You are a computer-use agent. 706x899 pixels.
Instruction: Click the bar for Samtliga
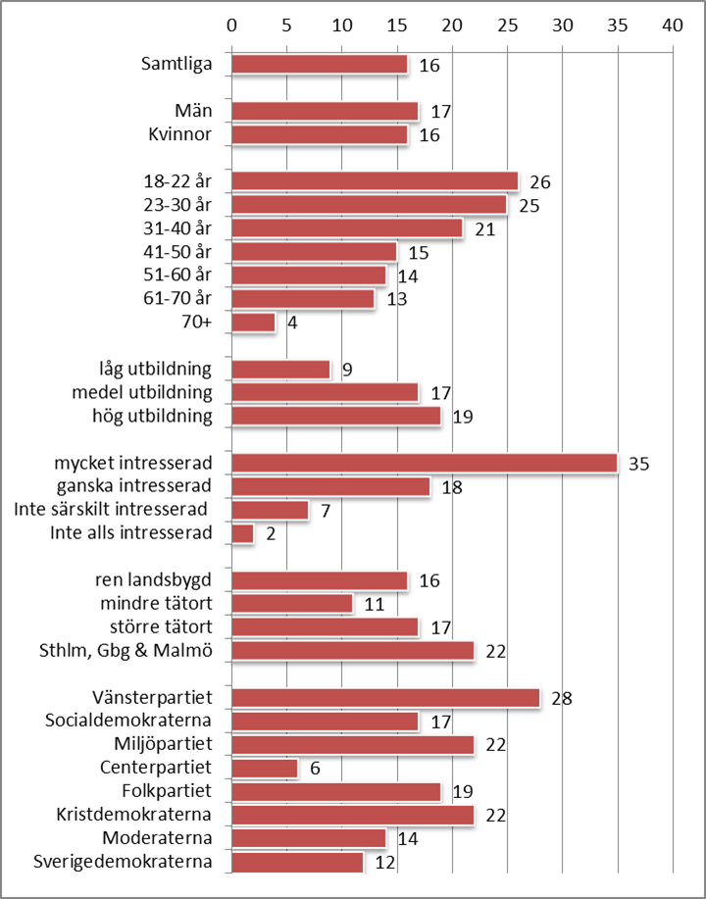[x=320, y=65]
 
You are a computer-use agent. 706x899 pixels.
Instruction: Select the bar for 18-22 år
[x=375, y=181]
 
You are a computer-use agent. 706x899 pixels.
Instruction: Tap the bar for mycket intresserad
[x=425, y=463]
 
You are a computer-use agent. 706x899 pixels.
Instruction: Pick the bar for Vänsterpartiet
[x=385, y=698]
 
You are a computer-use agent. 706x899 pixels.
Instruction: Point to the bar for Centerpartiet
[x=265, y=769]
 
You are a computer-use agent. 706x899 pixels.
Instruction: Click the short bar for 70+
[x=254, y=323]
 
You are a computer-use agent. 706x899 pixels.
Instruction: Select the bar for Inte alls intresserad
[x=243, y=533]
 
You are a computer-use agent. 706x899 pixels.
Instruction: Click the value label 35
[x=638, y=464]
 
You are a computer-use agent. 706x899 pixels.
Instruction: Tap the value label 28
[x=561, y=699]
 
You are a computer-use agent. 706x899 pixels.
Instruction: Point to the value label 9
[x=347, y=371]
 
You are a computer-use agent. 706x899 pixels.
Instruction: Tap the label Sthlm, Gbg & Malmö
[x=128, y=650]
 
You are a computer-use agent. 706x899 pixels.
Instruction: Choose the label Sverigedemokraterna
[x=123, y=862]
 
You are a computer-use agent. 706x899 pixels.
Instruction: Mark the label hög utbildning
[x=157, y=416]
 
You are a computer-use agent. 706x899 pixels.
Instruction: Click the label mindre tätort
[x=156, y=603]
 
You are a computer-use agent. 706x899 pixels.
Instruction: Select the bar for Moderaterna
[x=309, y=839]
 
